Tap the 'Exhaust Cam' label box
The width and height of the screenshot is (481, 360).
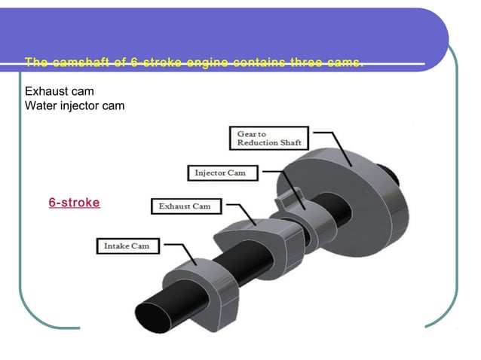(x=185, y=206)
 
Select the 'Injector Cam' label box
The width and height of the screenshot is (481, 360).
(x=221, y=172)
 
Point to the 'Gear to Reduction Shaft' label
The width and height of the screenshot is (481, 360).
(x=268, y=138)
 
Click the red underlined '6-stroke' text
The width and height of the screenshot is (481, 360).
(x=74, y=203)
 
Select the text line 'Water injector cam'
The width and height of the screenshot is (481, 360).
(x=75, y=105)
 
